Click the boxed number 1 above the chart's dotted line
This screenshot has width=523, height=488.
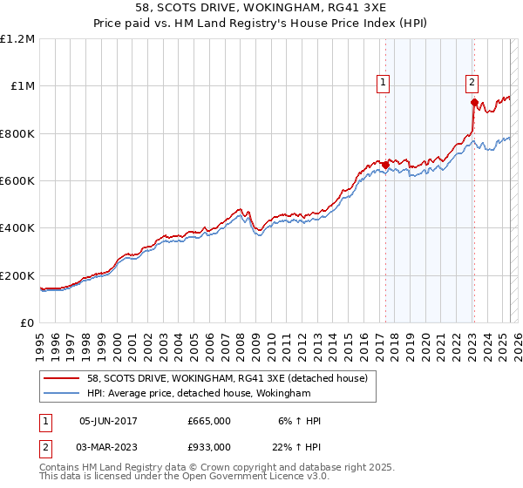[384, 83]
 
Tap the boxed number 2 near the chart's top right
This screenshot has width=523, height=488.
[472, 83]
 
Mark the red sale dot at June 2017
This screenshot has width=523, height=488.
[385, 165]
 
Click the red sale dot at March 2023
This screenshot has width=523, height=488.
[474, 102]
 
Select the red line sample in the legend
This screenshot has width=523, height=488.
[61, 378]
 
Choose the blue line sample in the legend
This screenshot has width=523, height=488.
[61, 394]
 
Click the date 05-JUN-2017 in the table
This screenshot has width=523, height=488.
[108, 421]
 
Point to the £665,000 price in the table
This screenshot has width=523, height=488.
[209, 421]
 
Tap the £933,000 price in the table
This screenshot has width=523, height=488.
[209, 447]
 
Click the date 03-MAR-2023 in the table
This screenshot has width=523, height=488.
[108, 447]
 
